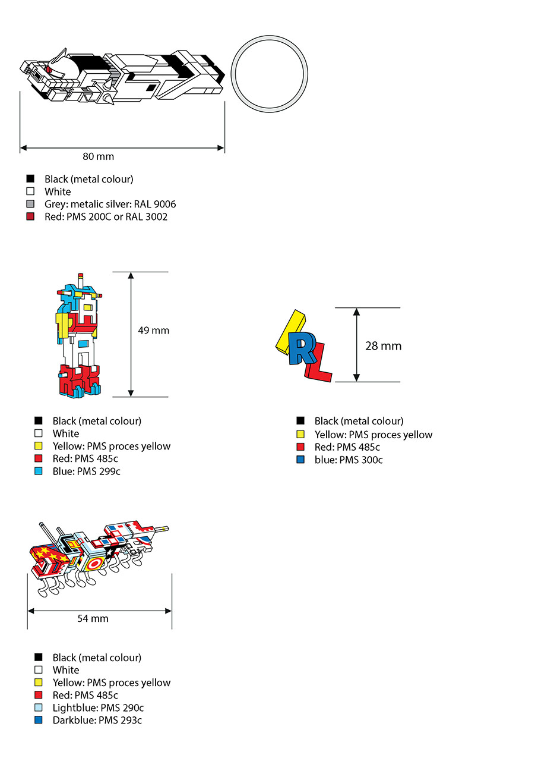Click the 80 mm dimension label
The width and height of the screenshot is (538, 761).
[99, 157]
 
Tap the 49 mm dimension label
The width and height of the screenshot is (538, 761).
[153, 330]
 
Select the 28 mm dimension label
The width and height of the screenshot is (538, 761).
[383, 345]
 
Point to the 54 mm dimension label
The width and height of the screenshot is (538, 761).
[93, 618]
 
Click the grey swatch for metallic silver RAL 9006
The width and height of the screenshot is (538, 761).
[30, 204]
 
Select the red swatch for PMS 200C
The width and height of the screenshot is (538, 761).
[30, 216]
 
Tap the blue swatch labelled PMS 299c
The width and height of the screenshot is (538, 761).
[39, 471]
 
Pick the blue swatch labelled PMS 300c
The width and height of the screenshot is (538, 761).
[300, 460]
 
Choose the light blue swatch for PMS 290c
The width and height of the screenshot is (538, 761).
[39, 707]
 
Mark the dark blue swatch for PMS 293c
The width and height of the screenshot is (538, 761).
[39, 720]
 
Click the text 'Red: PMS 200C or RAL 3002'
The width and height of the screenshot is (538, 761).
[106, 216]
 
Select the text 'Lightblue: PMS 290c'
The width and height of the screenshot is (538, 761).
[98, 707]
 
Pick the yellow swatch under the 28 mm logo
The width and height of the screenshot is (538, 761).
[300, 435]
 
